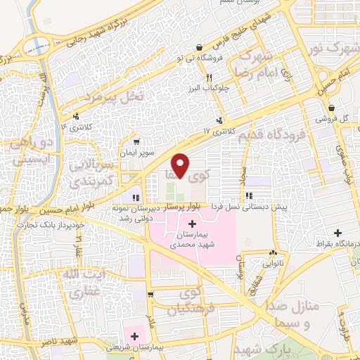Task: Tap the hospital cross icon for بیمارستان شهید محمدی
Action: (192, 224)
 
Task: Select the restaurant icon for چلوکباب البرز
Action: (209, 78)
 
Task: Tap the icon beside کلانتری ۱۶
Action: (76, 117)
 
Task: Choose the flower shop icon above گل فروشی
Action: (331, 108)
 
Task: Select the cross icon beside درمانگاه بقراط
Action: (338, 233)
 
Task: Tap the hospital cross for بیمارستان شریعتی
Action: (134, 336)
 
